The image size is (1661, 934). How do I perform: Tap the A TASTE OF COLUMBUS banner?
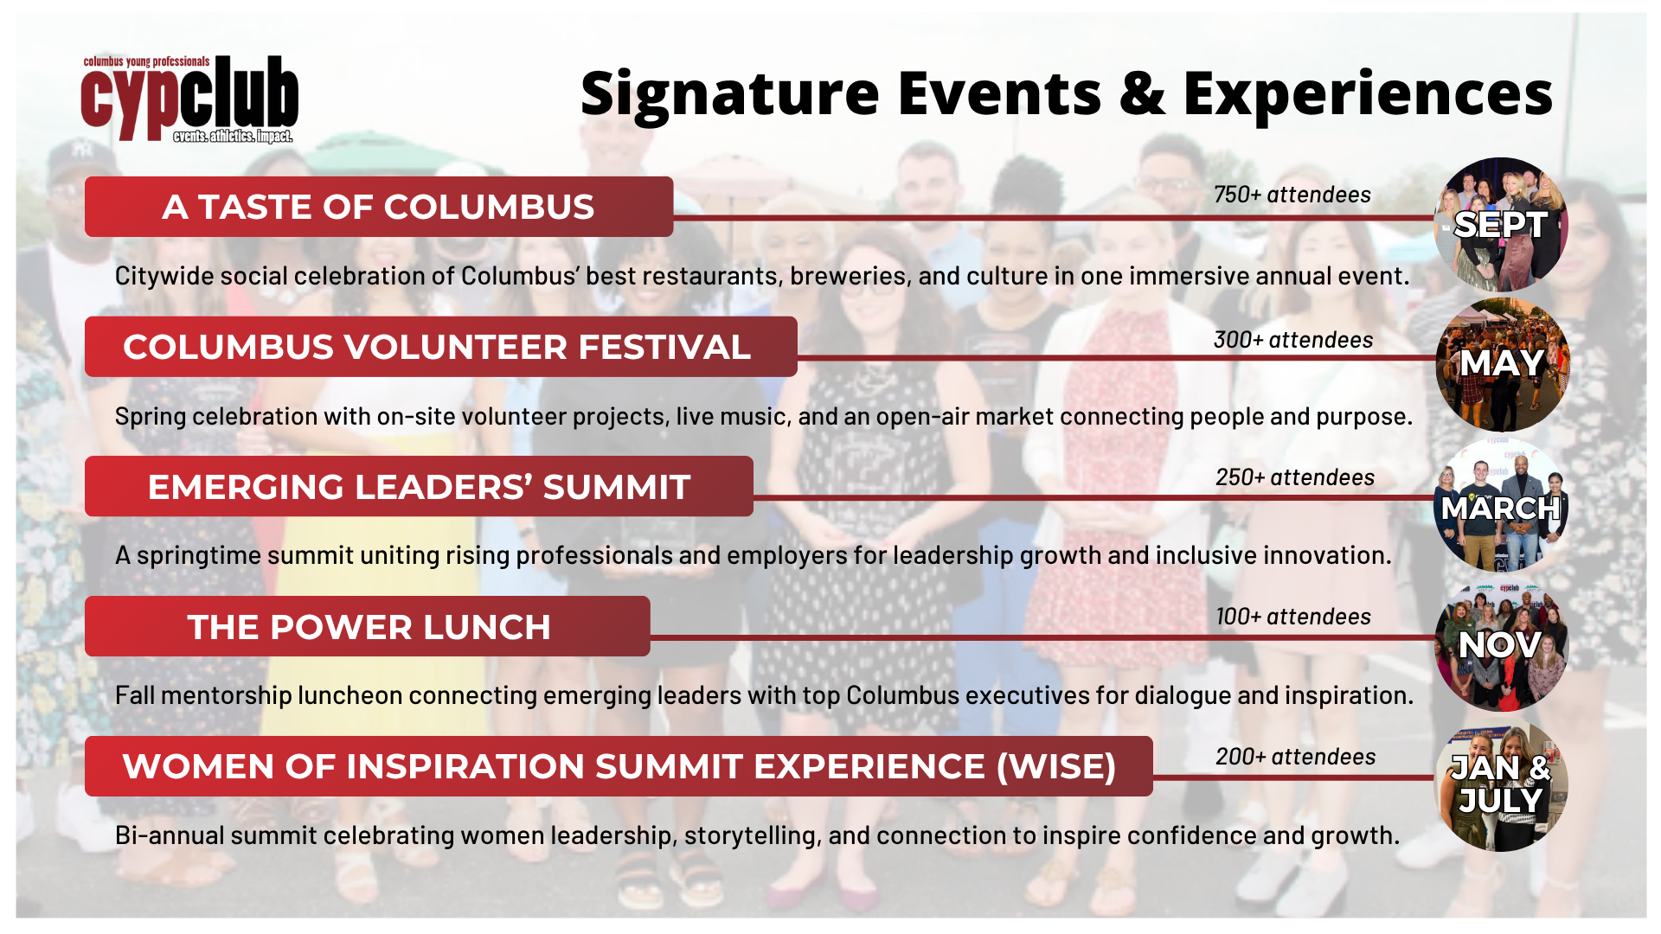click(378, 208)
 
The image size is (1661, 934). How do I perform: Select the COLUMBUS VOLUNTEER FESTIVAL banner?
click(439, 348)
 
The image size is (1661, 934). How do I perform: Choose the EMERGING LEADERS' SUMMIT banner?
click(419, 487)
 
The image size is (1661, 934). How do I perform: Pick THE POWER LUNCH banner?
click(368, 627)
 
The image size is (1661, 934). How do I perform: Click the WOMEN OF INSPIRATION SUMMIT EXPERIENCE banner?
click(618, 767)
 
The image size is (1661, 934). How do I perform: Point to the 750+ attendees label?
click(1292, 195)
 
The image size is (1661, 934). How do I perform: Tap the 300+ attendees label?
click(1292, 340)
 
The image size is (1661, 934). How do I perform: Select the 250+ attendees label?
click(1294, 477)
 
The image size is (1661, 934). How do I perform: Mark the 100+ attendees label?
click(1292, 617)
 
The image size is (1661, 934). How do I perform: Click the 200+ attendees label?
click(1295, 757)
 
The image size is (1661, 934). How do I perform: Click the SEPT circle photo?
click(1501, 224)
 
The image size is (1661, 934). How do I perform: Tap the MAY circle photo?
click(1502, 364)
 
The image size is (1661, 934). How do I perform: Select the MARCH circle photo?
click(1501, 507)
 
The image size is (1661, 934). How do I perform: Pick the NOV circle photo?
click(1501, 645)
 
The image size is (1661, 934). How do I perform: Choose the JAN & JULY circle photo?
click(1501, 785)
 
